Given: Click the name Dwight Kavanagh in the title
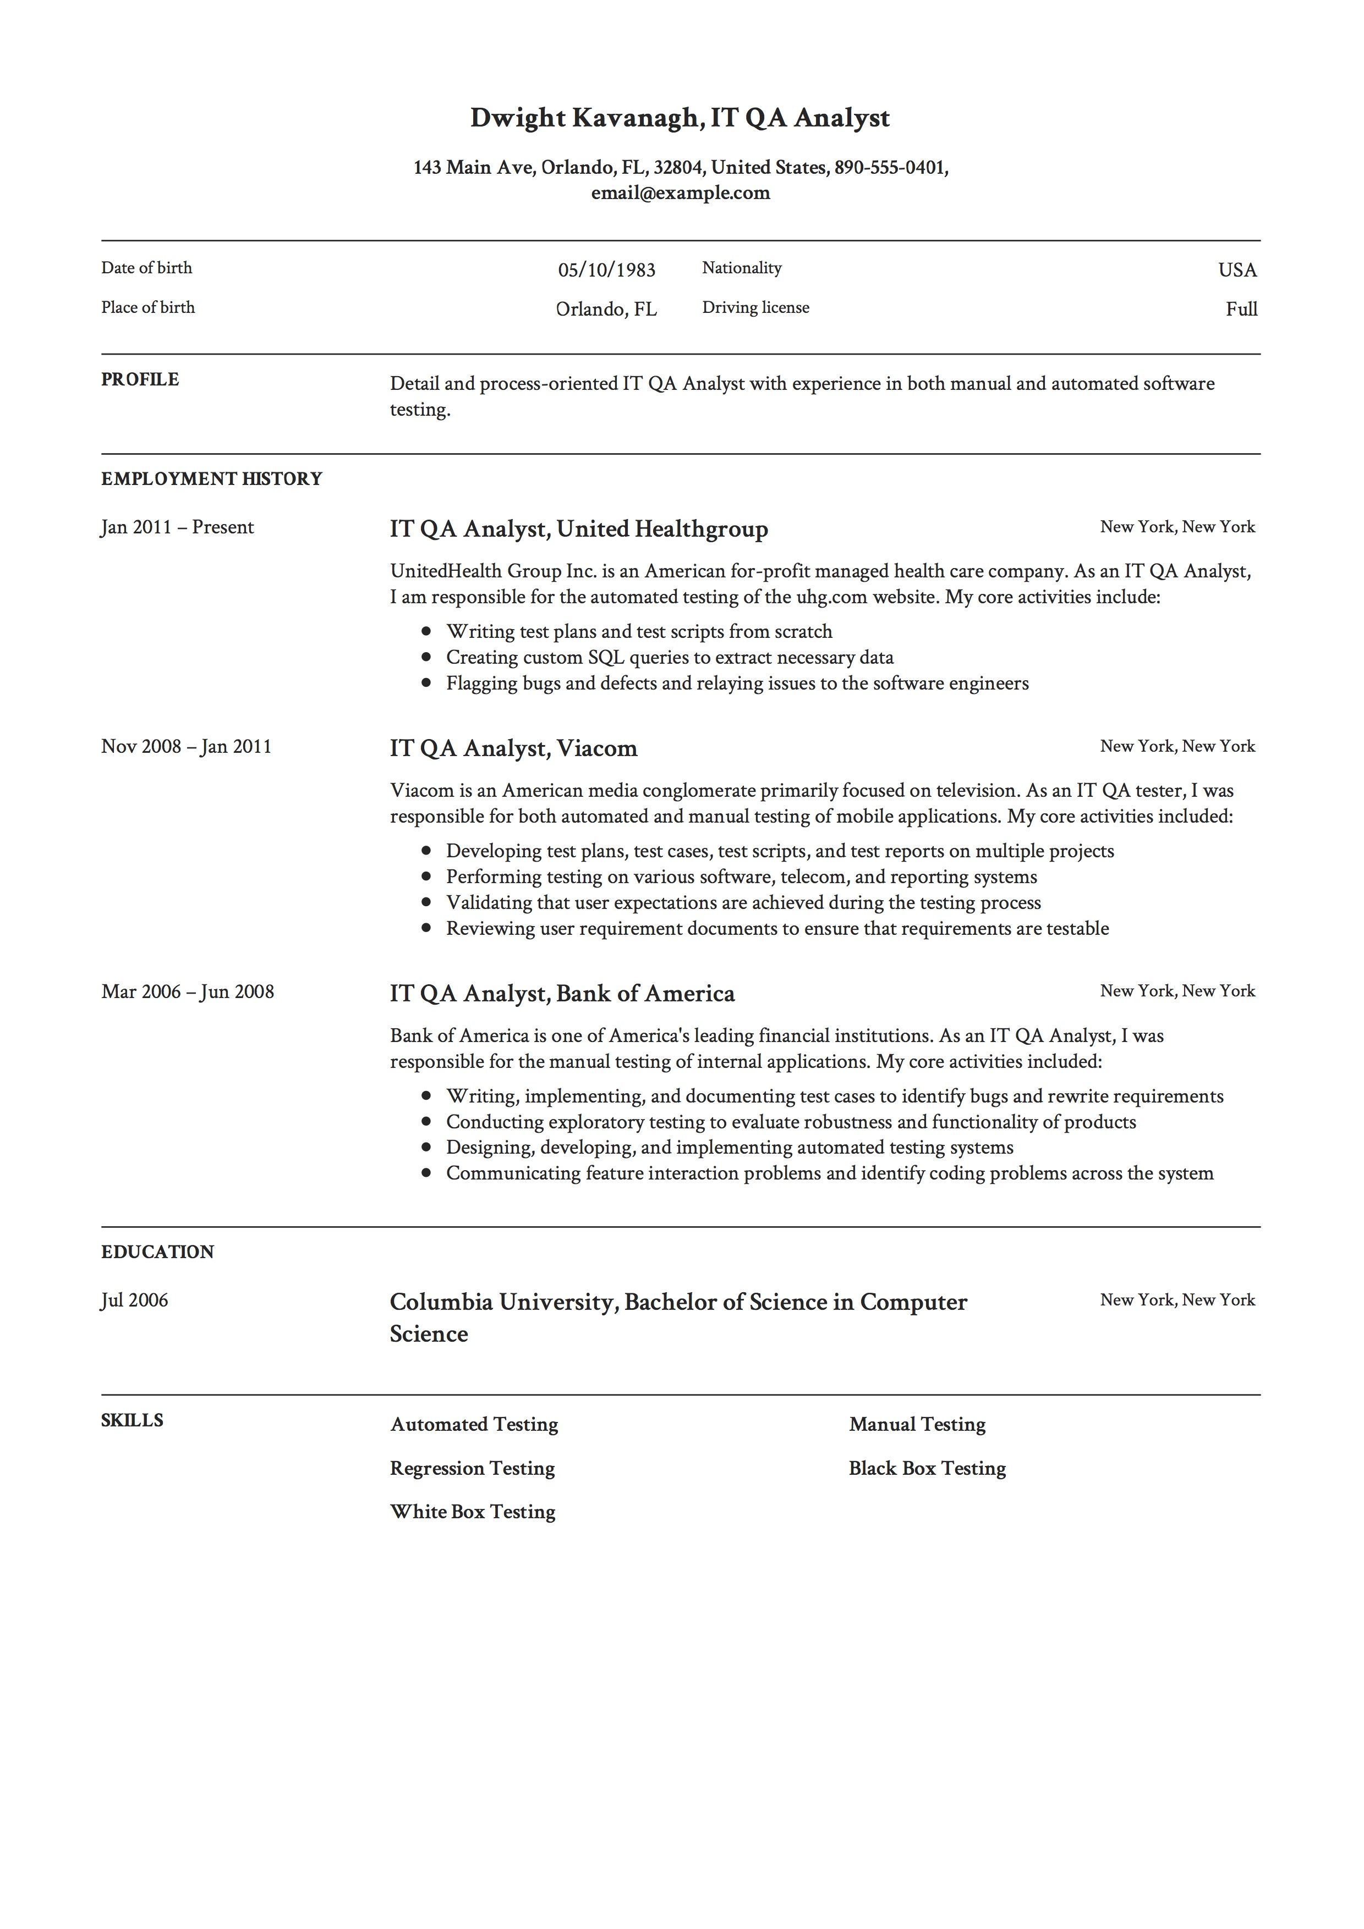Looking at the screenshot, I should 585,118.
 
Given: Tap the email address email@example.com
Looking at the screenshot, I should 680,193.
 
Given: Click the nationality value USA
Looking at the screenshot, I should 1236,269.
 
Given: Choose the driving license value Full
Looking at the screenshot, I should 1240,309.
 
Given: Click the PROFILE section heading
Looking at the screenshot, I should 140,380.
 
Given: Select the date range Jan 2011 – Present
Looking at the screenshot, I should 177,528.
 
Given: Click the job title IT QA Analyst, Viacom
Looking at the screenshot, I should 513,748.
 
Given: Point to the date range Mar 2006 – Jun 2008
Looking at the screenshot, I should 188,992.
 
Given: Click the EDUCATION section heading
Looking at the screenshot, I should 157,1252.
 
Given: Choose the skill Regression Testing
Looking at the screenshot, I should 472,1469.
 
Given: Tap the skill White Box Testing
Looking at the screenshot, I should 472,1512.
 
